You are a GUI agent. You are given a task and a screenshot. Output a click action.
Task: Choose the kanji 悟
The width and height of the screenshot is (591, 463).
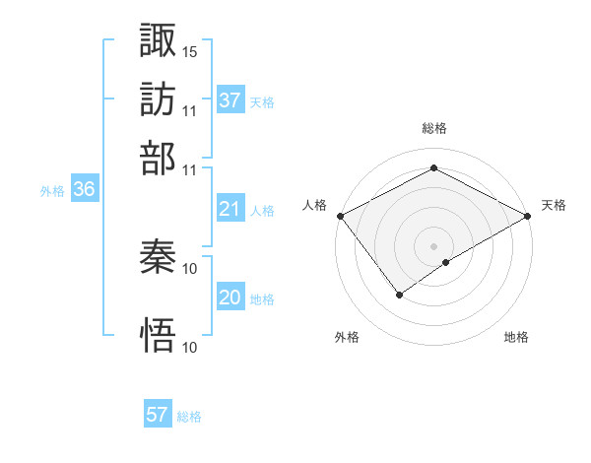(159, 335)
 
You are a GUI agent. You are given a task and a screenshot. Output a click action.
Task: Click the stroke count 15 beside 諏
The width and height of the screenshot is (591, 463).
(190, 51)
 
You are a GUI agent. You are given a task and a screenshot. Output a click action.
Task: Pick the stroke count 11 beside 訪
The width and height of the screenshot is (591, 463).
(190, 110)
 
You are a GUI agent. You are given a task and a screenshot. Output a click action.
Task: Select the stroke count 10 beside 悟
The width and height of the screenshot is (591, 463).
(190, 347)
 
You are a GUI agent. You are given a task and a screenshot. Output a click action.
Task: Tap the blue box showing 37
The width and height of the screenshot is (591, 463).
(230, 100)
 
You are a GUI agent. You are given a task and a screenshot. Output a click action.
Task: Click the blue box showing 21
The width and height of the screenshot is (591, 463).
(230, 209)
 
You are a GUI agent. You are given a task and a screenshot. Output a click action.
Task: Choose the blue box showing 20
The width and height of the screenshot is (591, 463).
(230, 298)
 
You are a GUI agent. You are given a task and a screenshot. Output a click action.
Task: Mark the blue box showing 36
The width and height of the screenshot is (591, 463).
(84, 191)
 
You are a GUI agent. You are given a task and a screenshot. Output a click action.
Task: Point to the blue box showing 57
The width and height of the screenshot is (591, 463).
(158, 415)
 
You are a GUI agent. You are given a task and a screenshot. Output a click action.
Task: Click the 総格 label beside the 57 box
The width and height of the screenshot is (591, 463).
(189, 417)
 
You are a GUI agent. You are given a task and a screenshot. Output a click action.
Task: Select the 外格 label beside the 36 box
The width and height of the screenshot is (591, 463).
(52, 192)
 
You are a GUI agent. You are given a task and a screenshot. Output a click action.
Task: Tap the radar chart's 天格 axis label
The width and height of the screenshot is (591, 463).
(554, 205)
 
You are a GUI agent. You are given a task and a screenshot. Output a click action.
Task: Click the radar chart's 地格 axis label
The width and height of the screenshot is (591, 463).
(516, 338)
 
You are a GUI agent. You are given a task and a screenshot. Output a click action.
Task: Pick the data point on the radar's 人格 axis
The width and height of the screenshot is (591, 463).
(339, 216)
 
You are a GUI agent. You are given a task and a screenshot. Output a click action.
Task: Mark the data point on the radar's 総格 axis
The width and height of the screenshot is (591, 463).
(433, 168)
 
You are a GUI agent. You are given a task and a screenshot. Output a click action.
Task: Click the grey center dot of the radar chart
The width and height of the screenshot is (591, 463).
(433, 245)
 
